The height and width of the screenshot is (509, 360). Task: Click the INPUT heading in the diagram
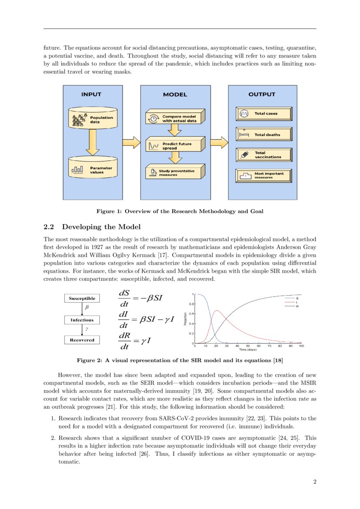coord(91,94)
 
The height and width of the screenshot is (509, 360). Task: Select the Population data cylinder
coord(93,119)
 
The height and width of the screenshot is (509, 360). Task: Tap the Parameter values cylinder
coord(93,169)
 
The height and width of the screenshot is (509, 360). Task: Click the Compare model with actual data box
coord(174,118)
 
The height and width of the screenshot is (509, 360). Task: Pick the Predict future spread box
coord(174,145)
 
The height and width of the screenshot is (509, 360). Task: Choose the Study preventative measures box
coord(174,172)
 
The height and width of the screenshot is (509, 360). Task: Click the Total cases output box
coord(263,114)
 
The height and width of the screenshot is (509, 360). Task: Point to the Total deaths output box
coord(263,135)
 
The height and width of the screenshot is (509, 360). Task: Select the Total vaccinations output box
coord(263,155)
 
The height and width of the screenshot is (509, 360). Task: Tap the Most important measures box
coord(263,175)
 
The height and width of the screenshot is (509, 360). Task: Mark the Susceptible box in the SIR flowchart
coord(82,298)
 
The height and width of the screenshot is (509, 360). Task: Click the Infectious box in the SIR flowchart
coord(82,320)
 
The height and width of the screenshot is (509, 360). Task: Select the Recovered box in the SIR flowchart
coord(82,340)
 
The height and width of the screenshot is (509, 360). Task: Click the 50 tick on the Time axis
coord(248,346)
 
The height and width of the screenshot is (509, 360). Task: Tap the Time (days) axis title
coord(247,350)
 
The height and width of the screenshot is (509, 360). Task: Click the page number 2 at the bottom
coord(314,482)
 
